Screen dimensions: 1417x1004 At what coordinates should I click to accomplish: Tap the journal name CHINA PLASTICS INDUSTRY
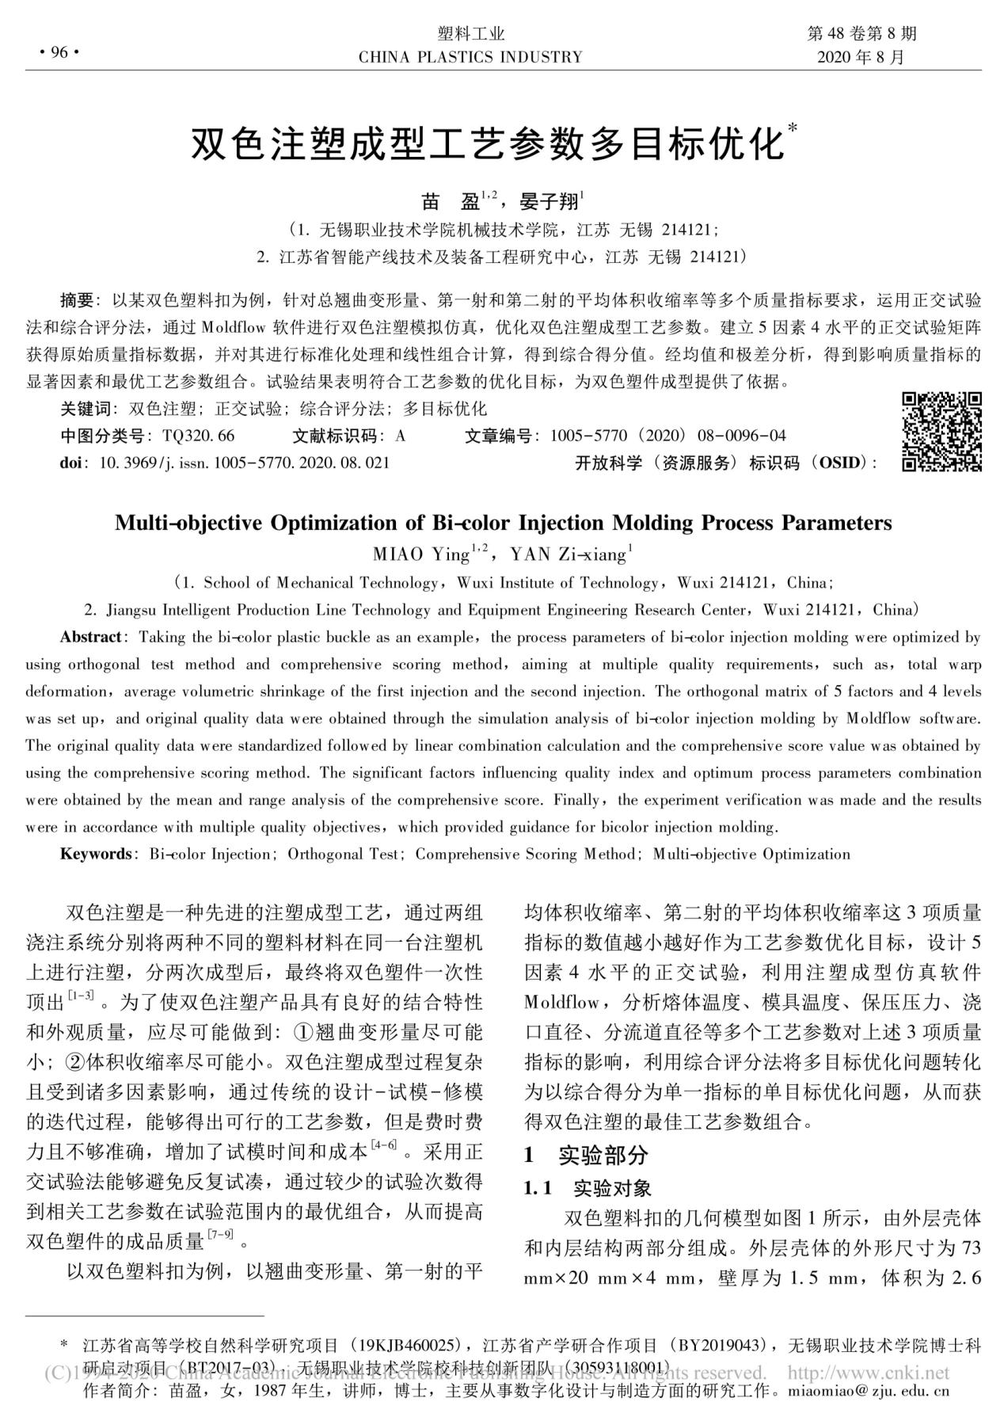coord(470,57)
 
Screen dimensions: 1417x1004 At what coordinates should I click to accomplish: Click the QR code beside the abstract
coord(941,432)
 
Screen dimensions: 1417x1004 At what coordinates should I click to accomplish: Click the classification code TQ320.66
coord(198,436)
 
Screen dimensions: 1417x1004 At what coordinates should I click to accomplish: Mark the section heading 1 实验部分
coord(585,1155)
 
